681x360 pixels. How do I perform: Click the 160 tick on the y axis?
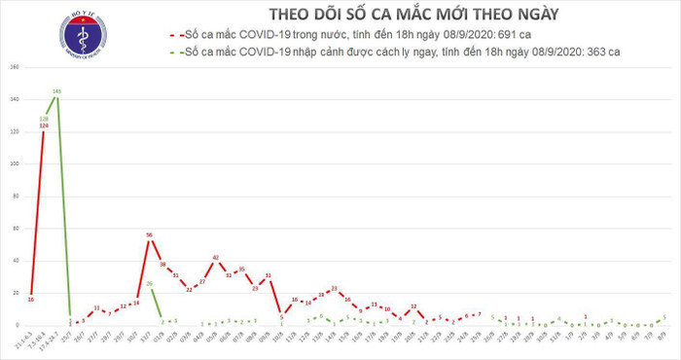14,67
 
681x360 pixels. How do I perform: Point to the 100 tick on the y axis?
14,163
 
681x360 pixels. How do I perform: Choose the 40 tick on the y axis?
14,260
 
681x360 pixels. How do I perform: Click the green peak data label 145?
56,91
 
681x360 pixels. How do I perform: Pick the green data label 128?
45,119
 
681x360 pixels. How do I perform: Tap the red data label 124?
45,126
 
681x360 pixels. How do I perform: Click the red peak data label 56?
150,235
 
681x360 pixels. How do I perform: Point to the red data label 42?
215,258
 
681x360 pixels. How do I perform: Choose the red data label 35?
241,269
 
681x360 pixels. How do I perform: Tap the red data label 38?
162,265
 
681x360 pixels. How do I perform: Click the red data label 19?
320,294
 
